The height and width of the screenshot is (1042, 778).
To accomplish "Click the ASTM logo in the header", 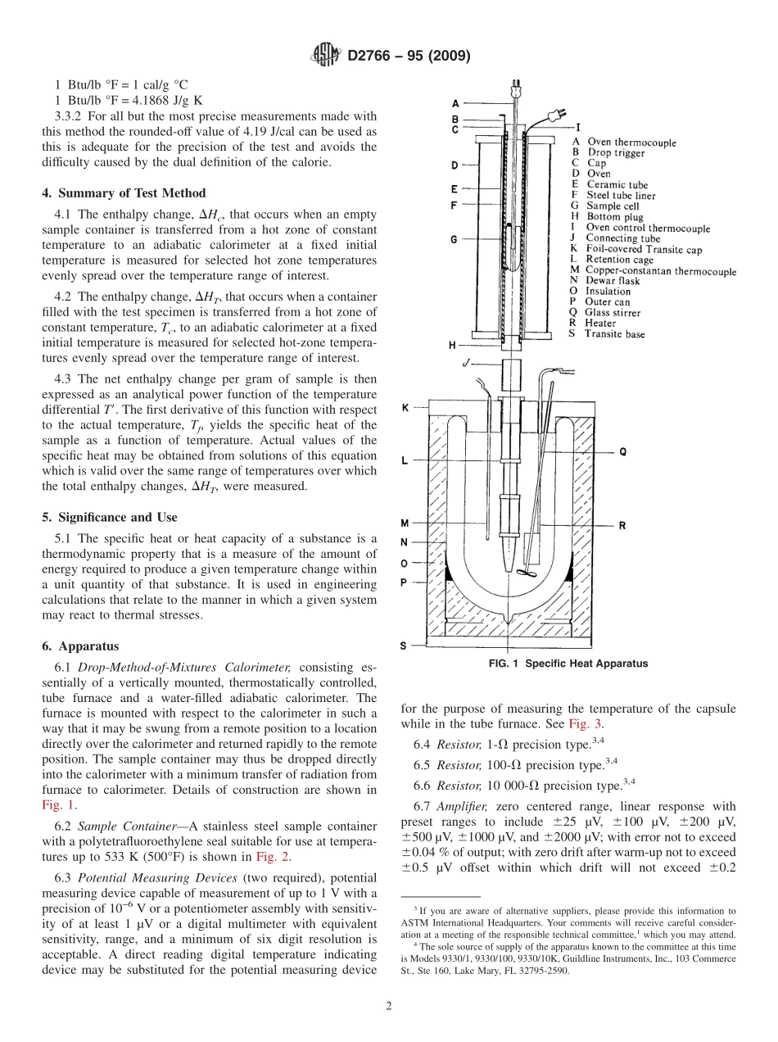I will click(x=325, y=56).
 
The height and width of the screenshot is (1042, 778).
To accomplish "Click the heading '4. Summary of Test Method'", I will click(x=124, y=193).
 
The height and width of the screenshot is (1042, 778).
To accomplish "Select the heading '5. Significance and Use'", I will click(x=109, y=518).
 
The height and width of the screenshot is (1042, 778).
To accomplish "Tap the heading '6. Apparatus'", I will click(x=80, y=646).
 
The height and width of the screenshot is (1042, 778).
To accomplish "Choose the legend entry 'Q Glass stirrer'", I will click(x=605, y=312).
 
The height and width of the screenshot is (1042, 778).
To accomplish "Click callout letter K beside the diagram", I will click(x=405, y=406).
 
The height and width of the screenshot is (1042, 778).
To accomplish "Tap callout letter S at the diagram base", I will click(x=405, y=646).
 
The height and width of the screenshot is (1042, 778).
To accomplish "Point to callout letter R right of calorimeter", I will click(x=622, y=526).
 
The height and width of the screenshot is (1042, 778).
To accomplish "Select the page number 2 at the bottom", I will click(x=388, y=1006).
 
